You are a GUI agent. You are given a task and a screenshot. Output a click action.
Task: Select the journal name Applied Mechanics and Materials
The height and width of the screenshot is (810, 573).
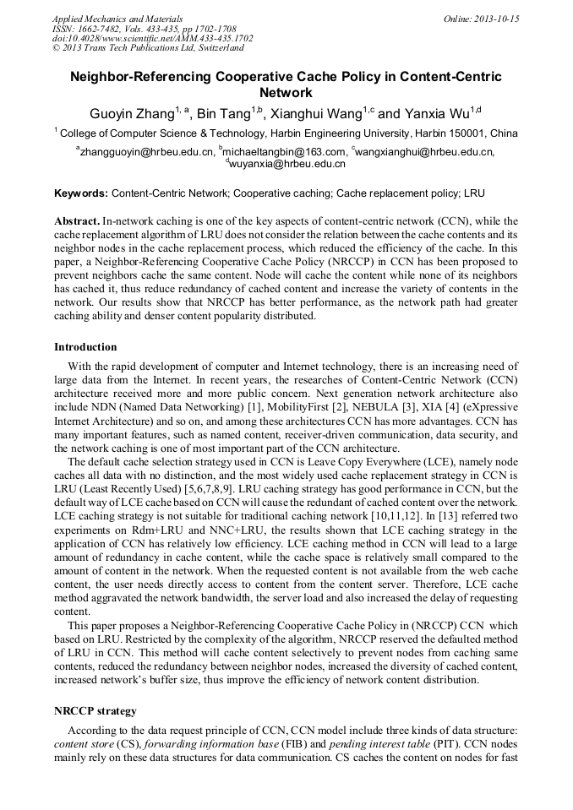117,19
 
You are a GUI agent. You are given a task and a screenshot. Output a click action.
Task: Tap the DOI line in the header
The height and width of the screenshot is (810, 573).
152,39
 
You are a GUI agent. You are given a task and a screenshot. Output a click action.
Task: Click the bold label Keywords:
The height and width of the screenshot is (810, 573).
81,193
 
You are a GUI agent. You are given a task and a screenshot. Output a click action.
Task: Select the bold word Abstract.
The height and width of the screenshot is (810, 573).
77,220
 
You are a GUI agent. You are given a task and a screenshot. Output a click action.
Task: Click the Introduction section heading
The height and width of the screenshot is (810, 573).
85,347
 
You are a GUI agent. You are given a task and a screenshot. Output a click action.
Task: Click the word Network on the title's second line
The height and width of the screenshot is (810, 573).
286,92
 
